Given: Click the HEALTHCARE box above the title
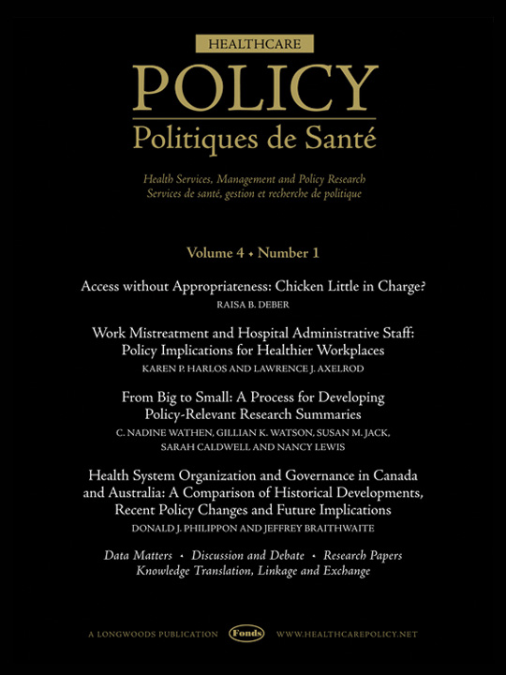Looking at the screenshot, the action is click(x=253, y=43).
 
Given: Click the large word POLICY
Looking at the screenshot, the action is click(x=253, y=90).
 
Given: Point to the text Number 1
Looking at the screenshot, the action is click(x=289, y=253).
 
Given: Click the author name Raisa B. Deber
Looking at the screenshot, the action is click(x=252, y=306).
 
